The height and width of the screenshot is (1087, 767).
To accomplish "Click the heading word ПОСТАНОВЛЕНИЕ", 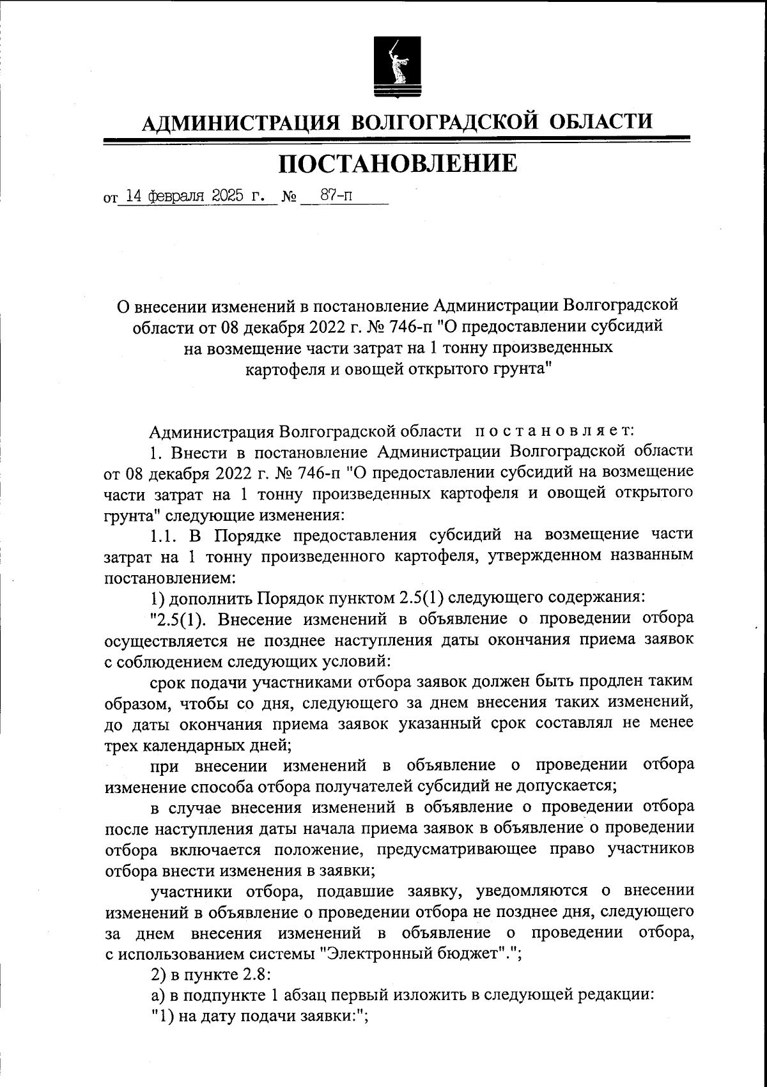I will [x=397, y=164].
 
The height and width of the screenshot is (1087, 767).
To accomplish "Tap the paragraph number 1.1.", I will [x=164, y=536].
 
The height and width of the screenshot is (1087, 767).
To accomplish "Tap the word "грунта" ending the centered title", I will [x=519, y=369].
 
